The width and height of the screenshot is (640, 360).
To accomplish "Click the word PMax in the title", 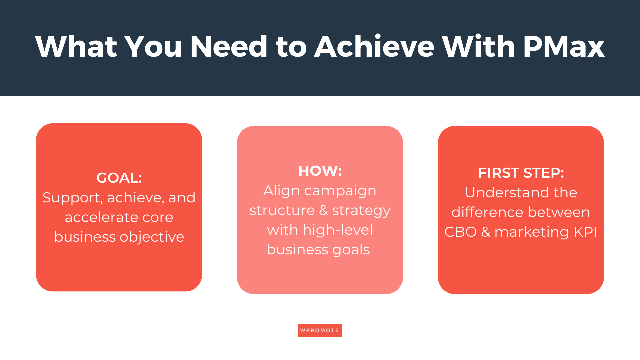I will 564,47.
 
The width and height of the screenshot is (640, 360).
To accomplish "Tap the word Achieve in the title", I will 374,47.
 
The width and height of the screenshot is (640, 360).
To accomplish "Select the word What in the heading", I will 76,47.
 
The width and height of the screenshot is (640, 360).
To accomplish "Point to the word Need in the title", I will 229,47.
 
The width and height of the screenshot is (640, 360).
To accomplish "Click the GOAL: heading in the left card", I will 119,178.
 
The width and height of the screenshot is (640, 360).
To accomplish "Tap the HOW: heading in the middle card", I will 320,171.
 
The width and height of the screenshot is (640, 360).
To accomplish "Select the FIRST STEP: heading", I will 521,173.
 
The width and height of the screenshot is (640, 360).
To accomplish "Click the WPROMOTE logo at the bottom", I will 320,330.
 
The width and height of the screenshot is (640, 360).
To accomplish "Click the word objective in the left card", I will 152,237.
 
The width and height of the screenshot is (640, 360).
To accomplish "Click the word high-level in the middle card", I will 337,230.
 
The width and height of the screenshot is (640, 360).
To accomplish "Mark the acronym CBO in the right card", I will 460,232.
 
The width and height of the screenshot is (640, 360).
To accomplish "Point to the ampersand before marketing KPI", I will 485,232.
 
